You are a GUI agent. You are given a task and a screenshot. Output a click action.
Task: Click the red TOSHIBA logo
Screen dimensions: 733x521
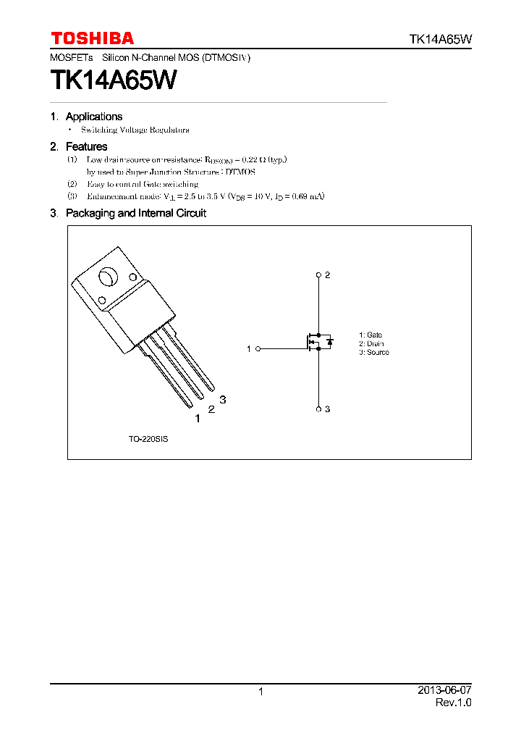(x=92, y=38)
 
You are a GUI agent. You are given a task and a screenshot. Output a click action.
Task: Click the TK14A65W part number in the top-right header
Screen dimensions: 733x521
(x=441, y=40)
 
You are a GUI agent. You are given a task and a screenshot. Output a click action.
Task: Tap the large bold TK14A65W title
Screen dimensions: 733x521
(x=113, y=80)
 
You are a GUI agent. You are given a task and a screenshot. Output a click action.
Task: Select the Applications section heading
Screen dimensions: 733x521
(x=93, y=117)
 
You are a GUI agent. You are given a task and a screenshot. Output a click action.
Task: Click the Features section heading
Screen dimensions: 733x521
(x=86, y=146)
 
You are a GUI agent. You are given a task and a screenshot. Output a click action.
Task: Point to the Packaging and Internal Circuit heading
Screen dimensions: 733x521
(x=135, y=213)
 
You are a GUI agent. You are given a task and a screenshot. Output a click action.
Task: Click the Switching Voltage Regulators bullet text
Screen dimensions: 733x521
(x=135, y=130)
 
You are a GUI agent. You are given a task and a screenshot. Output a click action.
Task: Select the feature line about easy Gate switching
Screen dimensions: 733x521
(x=142, y=184)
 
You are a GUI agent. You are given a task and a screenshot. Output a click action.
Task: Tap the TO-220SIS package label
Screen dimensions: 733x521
(x=148, y=440)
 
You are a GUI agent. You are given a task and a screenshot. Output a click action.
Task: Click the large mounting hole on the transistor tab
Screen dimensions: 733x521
(x=108, y=277)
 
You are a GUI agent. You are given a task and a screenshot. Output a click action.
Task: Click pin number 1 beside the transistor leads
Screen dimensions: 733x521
(x=197, y=418)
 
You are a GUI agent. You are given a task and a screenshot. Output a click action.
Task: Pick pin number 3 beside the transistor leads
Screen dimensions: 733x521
(x=223, y=400)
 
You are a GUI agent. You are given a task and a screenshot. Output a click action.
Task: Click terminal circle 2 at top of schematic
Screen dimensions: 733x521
(x=318, y=275)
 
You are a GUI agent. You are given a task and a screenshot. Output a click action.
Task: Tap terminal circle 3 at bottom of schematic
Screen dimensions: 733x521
(x=318, y=409)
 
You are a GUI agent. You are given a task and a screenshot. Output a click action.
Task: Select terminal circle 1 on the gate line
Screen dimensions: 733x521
(x=258, y=348)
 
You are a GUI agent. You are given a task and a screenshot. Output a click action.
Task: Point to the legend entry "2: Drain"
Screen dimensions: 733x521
(x=371, y=343)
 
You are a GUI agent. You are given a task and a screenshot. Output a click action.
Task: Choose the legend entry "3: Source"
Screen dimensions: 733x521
(x=373, y=352)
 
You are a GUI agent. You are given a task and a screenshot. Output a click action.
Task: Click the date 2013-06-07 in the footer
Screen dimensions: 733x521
(x=444, y=691)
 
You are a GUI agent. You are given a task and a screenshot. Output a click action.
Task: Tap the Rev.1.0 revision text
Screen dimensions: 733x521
(x=453, y=703)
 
